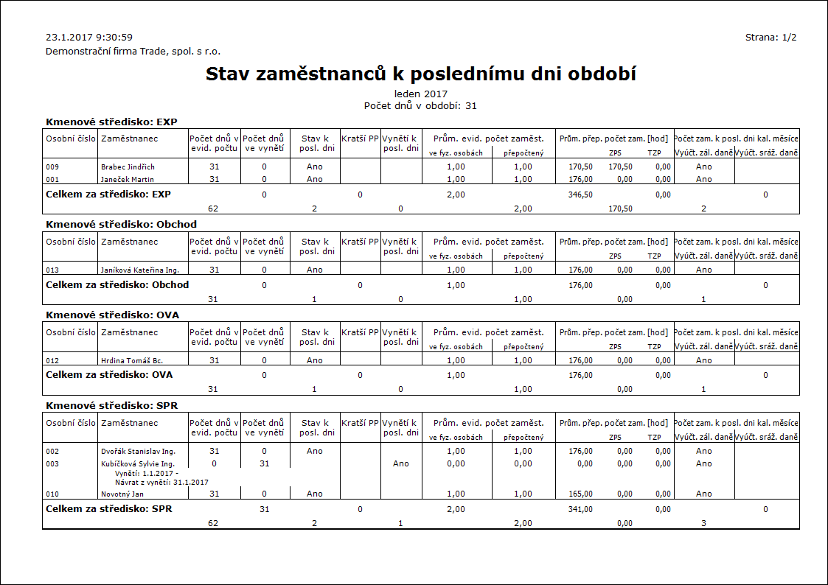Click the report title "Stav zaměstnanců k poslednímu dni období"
pyautogui.click(x=420, y=74)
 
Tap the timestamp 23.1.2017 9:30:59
pyautogui.click(x=89, y=37)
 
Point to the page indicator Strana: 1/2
pyautogui.click(x=770, y=37)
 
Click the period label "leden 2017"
pyautogui.click(x=420, y=94)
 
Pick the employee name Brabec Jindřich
pyautogui.click(x=128, y=167)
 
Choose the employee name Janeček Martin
pyautogui.click(x=128, y=179)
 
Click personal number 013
pyautogui.click(x=52, y=270)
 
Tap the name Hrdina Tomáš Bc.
pyautogui.click(x=132, y=361)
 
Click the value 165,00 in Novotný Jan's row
pyautogui.click(x=580, y=494)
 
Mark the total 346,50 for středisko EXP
pyautogui.click(x=580, y=195)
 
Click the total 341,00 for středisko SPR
pyautogui.click(x=580, y=509)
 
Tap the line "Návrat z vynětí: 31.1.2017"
pyautogui.click(x=161, y=482)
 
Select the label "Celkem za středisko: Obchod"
pyautogui.click(x=117, y=284)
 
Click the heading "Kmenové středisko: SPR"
pyautogui.click(x=111, y=405)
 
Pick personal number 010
pyautogui.click(x=52, y=494)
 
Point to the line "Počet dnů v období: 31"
pyautogui.click(x=420, y=105)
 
